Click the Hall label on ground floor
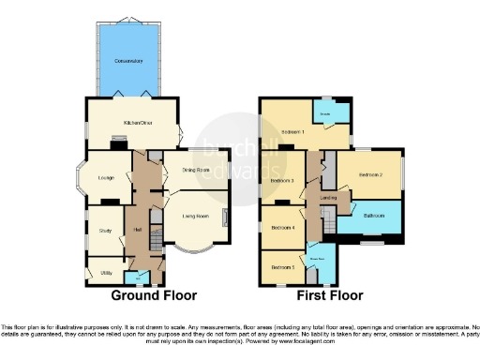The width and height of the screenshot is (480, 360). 136,229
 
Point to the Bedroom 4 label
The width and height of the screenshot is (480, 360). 282,227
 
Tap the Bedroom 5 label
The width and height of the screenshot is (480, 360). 282,267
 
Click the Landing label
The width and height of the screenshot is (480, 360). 328,198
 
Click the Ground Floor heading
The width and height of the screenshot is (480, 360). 154,295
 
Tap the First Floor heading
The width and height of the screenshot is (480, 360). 329,295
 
